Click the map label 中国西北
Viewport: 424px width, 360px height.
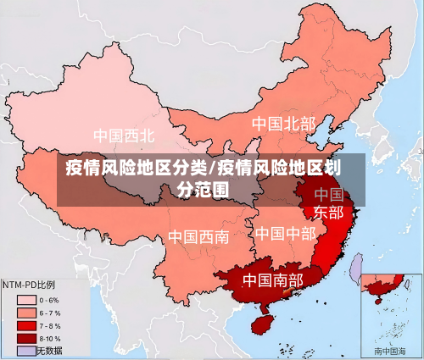[124, 136]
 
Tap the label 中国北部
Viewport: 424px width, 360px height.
[283, 124]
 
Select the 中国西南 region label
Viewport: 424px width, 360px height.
[198, 236]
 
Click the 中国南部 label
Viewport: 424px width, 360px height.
[272, 280]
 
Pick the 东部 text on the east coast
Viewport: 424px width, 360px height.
[329, 212]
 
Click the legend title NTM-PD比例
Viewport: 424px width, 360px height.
[30, 285]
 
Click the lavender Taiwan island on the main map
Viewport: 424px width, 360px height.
[357, 268]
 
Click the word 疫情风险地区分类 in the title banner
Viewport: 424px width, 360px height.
[136, 167]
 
